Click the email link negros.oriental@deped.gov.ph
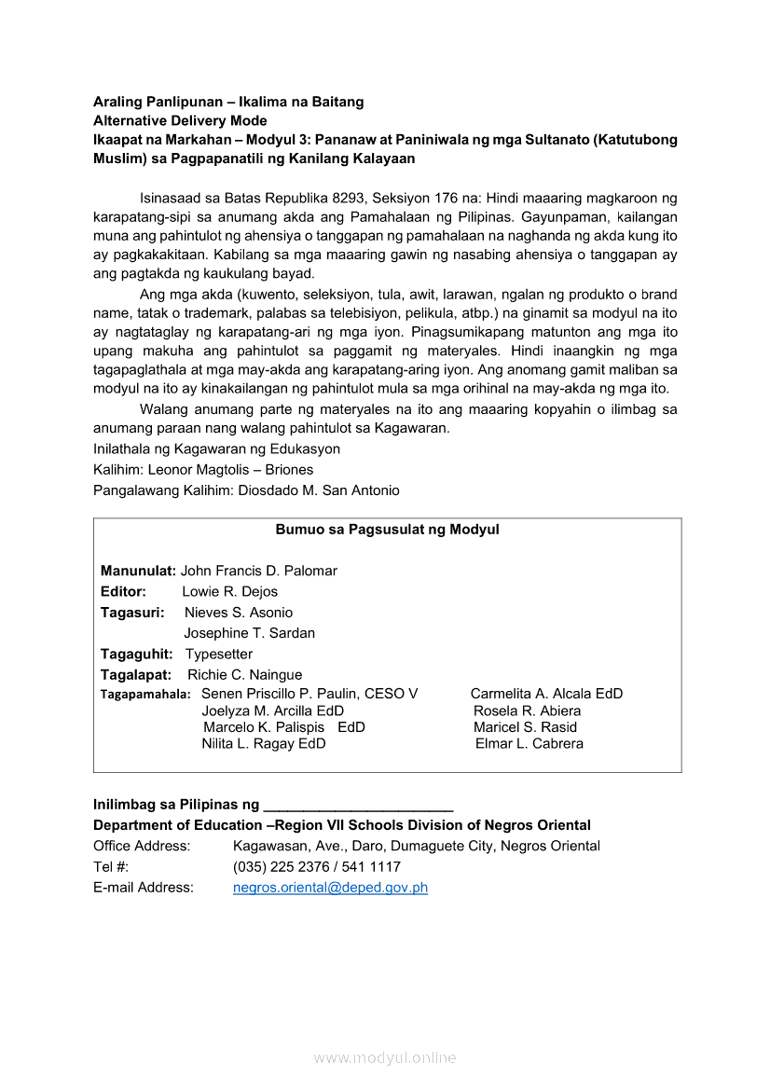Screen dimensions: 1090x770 330,888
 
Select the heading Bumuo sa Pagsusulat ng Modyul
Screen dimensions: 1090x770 387,530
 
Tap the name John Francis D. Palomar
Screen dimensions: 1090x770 258,571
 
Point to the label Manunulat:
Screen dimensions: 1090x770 138,571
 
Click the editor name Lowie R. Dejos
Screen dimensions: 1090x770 229,591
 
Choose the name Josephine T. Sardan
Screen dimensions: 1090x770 249,633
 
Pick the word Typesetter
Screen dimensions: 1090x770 218,654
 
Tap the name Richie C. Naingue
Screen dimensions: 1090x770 244,674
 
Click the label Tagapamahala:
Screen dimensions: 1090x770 145,695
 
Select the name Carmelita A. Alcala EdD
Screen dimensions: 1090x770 546,694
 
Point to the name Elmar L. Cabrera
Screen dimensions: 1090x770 529,744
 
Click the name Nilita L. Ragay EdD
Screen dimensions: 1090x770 264,744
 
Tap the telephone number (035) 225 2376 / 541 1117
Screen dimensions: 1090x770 317,867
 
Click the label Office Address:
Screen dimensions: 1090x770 142,847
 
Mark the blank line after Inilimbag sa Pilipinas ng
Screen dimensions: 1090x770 358,805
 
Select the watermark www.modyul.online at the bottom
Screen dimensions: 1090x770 385,1057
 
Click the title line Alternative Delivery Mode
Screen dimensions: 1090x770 180,120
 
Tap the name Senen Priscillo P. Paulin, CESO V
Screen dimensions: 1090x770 309,694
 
